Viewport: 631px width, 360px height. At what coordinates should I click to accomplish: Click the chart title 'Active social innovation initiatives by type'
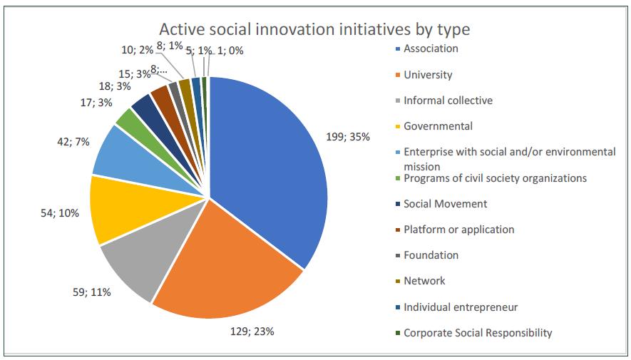314,30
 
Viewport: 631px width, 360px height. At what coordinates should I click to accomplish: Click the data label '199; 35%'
349,137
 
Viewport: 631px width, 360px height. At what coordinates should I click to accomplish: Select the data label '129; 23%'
252,331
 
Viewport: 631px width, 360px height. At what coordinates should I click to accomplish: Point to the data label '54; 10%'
60,213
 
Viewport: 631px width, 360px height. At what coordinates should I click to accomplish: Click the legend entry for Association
431,49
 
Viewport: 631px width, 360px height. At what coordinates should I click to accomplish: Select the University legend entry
428,75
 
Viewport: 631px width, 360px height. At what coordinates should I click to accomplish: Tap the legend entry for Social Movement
445,204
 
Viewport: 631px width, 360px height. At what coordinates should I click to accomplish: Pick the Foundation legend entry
431,255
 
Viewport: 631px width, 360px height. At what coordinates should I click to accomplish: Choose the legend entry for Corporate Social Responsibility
478,333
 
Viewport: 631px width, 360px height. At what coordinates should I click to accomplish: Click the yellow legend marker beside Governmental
398,127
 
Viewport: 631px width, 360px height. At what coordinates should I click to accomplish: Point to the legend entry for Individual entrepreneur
461,307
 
